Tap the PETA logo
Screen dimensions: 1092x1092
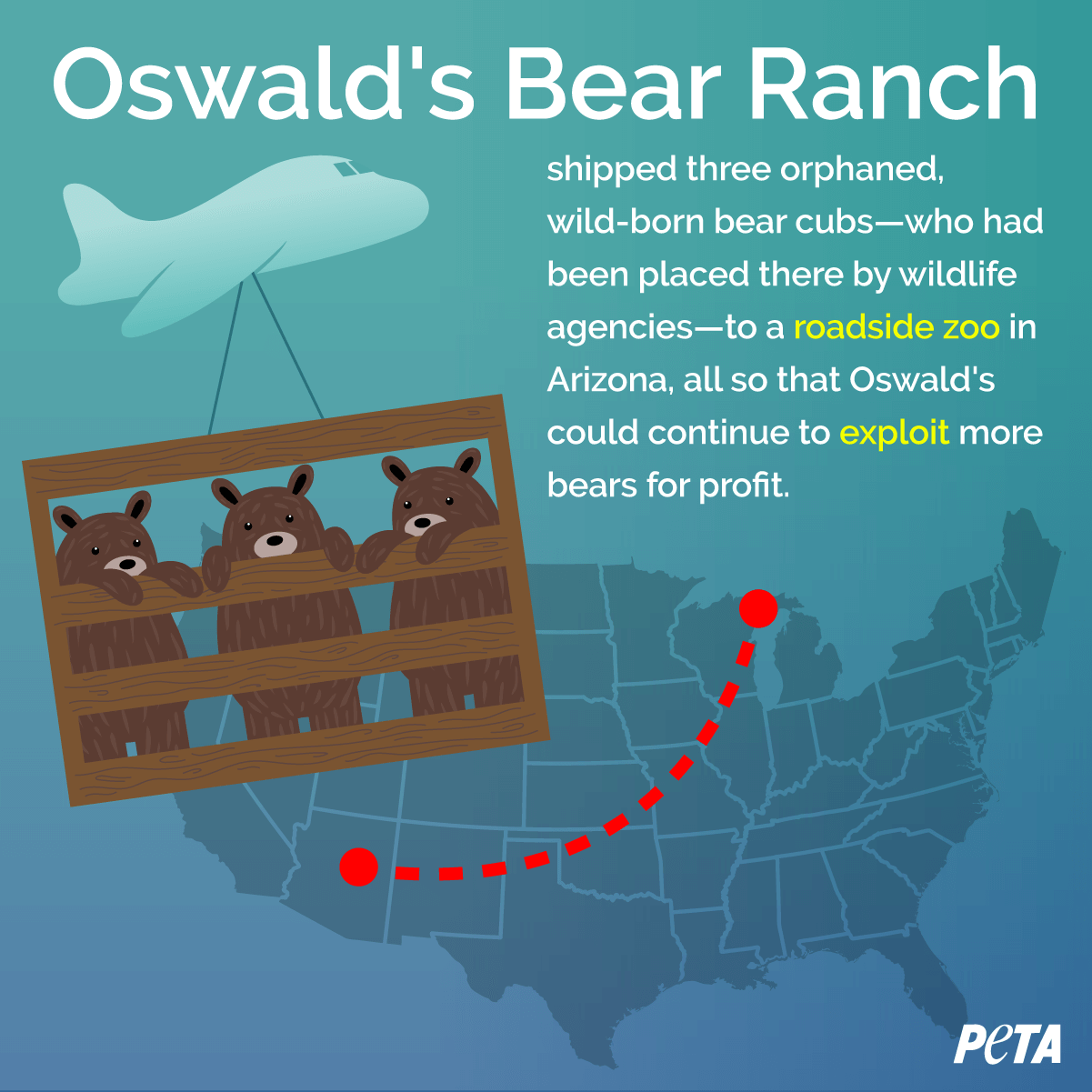click(x=1007, y=1043)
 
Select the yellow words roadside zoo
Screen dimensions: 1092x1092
click(x=897, y=327)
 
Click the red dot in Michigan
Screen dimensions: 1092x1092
click(x=758, y=608)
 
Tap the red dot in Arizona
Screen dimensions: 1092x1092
click(x=359, y=867)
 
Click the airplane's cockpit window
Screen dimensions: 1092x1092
click(x=346, y=168)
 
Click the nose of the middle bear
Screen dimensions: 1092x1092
click(x=275, y=540)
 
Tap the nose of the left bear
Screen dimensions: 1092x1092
click(x=127, y=565)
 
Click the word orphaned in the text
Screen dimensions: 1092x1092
click(x=862, y=170)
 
